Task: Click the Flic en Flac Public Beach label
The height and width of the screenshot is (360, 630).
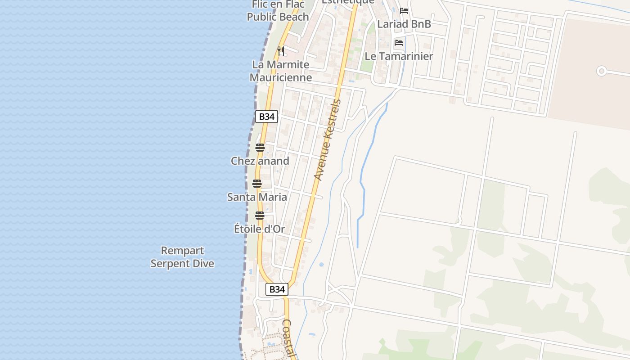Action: coord(278,11)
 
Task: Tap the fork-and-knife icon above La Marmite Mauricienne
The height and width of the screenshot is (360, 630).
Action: coord(281,51)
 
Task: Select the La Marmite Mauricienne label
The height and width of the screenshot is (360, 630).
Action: coord(281,71)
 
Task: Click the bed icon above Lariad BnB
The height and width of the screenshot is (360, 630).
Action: coord(404,11)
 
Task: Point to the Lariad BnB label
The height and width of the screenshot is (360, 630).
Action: coord(404,24)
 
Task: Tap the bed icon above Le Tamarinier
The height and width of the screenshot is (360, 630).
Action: coord(398,43)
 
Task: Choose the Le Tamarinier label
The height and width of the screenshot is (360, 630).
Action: coord(399,56)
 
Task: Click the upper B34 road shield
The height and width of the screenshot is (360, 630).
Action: coord(267,117)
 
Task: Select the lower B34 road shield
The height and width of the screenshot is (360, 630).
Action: coord(277,289)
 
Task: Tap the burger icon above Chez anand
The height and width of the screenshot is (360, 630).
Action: coord(260,148)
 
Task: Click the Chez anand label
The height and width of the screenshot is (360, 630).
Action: coord(260,161)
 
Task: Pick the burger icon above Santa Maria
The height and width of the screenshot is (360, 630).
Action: coord(257,184)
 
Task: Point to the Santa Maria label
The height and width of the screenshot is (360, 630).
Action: coord(257,197)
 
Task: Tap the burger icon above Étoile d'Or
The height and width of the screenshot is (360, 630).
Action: coord(259,216)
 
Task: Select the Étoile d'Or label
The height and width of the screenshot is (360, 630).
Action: coord(260,229)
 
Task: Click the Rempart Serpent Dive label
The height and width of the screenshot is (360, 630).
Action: coord(182,257)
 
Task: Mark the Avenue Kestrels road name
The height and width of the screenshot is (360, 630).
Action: coord(327,140)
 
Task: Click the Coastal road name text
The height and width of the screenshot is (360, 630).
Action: coord(288,337)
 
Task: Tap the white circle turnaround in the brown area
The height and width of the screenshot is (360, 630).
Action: coord(601,71)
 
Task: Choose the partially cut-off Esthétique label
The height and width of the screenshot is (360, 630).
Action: coord(348,2)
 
